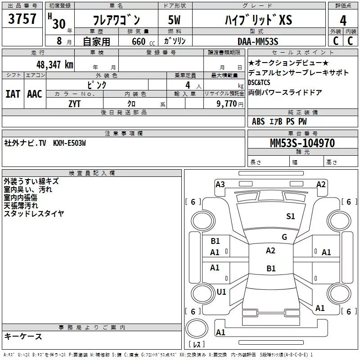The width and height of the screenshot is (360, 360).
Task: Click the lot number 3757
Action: [x=22, y=19]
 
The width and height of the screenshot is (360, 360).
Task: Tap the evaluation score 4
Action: [x=343, y=21]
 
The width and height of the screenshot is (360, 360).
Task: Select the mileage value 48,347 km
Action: [x=54, y=64]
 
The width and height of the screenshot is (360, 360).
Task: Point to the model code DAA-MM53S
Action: [x=258, y=41]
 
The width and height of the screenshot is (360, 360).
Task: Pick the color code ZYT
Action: [x=75, y=103]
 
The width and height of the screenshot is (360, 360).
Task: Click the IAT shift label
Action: [x=13, y=94]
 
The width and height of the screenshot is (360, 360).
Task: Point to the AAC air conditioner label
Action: [x=35, y=94]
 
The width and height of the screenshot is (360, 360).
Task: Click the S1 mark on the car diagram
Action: [x=291, y=216]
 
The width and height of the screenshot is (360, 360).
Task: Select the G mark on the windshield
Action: [x=284, y=237]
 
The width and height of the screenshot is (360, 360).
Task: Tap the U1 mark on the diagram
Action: [x=221, y=292]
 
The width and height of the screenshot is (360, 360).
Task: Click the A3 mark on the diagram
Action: [x=220, y=184]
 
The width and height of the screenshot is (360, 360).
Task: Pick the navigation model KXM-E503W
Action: [x=69, y=143]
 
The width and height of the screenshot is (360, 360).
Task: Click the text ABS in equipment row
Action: [x=258, y=121]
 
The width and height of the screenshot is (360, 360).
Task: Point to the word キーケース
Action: [x=23, y=337]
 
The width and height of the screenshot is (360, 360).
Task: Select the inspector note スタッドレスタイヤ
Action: [x=34, y=214]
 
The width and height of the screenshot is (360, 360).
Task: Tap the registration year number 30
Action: [x=58, y=23]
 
